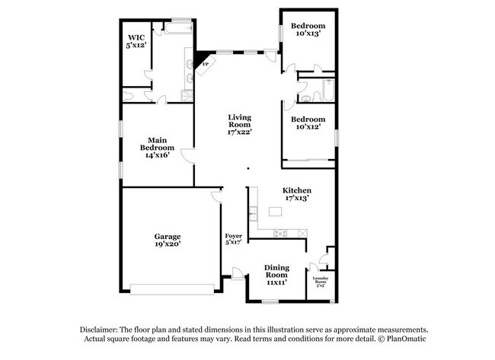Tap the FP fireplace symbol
tap(204, 65)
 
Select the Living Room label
tap(239, 124)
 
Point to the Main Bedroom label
tap(156, 147)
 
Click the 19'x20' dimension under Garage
tap(168, 246)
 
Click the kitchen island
tap(275, 211)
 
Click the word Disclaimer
tap(103, 328)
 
